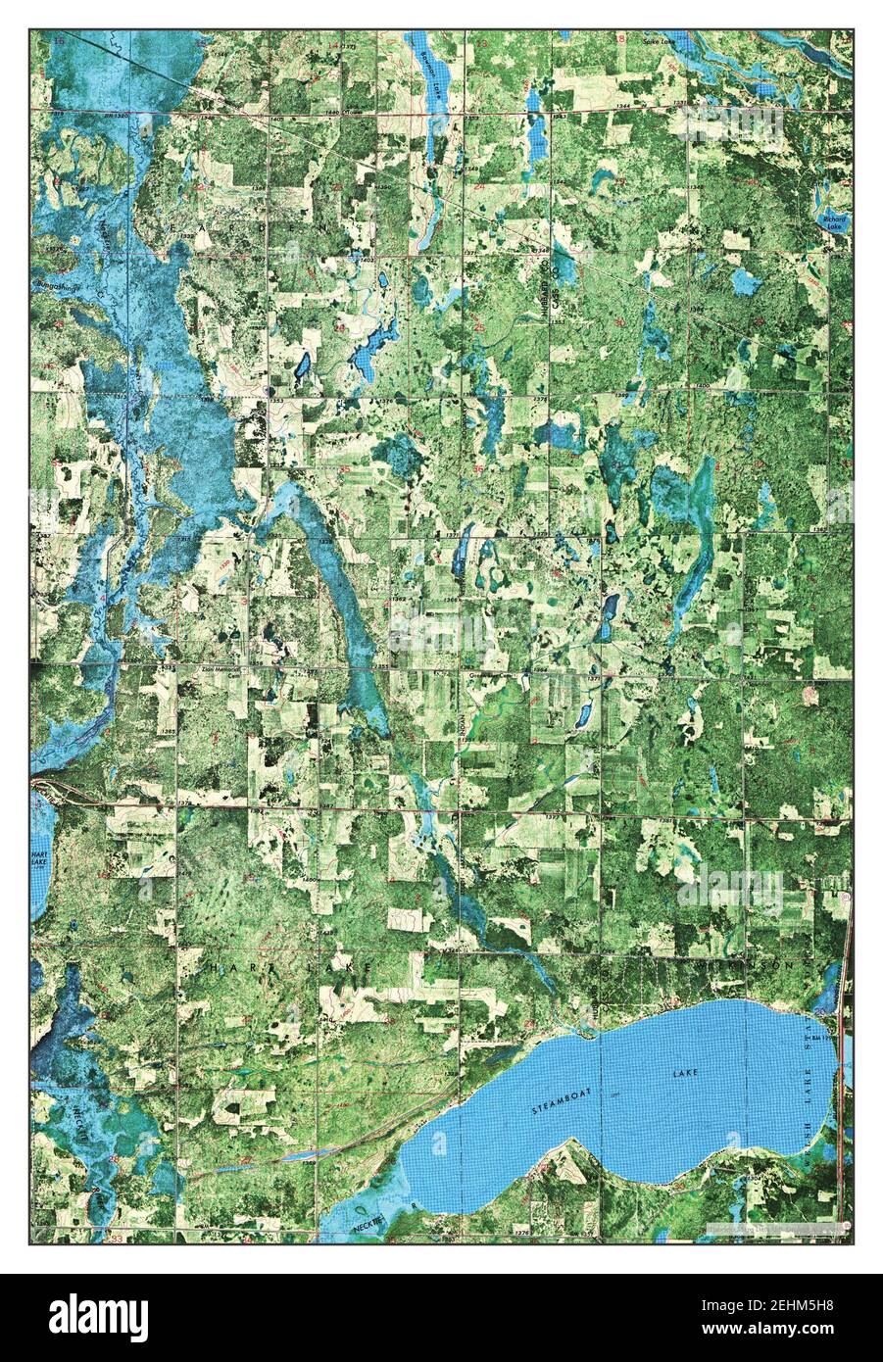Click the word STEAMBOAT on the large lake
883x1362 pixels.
pos(557,1104)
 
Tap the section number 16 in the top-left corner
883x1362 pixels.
pos(60,41)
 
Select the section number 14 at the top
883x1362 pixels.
pos(332,45)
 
